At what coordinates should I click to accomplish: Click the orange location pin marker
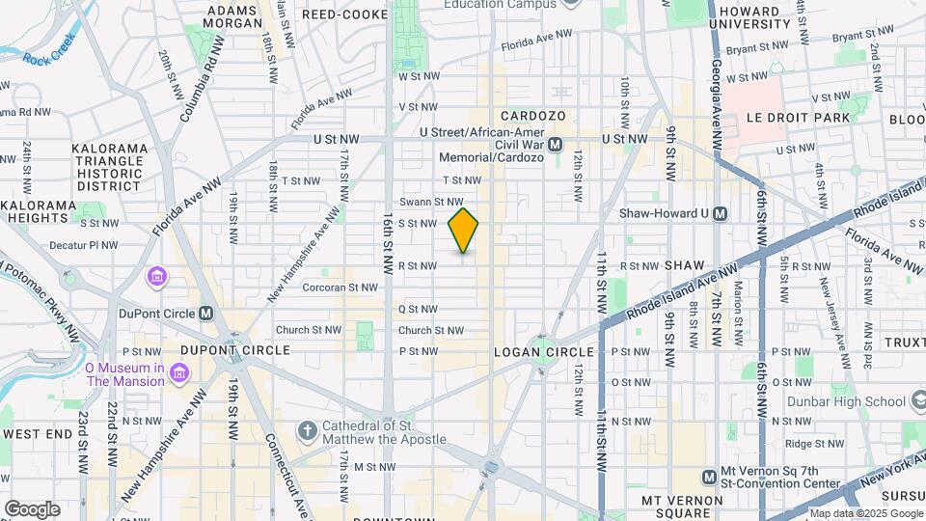click(463, 230)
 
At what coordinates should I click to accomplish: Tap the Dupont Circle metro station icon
click(205, 313)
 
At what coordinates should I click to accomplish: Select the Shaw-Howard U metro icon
click(719, 214)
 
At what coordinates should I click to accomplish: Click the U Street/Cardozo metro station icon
click(555, 145)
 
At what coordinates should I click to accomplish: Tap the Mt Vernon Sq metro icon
click(709, 476)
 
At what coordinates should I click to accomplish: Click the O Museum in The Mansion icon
click(177, 372)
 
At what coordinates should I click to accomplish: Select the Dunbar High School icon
click(921, 401)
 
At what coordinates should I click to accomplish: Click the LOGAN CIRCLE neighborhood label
click(535, 352)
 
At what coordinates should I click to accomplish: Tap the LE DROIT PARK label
click(799, 117)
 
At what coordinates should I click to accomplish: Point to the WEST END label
click(38, 435)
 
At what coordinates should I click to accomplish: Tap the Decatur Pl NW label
click(83, 245)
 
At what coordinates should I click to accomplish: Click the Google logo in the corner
click(31, 508)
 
